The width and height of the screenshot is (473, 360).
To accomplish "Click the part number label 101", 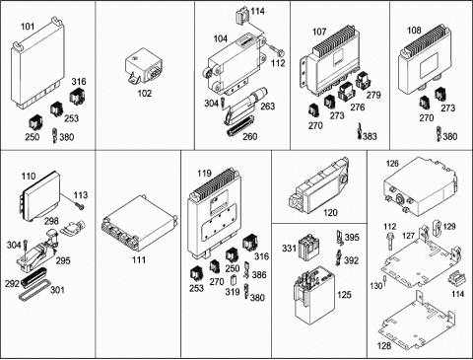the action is coord(28,27).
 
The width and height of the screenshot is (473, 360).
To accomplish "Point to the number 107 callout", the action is coord(319,32).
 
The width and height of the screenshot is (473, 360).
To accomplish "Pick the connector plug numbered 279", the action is coord(364,80).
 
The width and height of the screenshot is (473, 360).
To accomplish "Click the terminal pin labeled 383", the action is coord(360,131).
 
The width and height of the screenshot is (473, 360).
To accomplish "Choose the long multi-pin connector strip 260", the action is coord(241,126).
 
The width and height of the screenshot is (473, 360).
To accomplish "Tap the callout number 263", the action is coord(268,107).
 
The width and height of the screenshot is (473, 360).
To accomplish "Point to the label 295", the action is coord(63,260).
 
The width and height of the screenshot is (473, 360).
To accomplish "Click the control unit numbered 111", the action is coord(140,223).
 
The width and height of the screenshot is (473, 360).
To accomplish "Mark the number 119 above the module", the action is coord(204,174).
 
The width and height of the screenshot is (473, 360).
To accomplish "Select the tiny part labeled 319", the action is coord(234,279).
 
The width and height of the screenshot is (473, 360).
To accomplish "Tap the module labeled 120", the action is coord(318,185).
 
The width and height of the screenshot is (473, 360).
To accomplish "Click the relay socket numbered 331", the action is coord(307,248).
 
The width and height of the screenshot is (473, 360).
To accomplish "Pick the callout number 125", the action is coord(344,295).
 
